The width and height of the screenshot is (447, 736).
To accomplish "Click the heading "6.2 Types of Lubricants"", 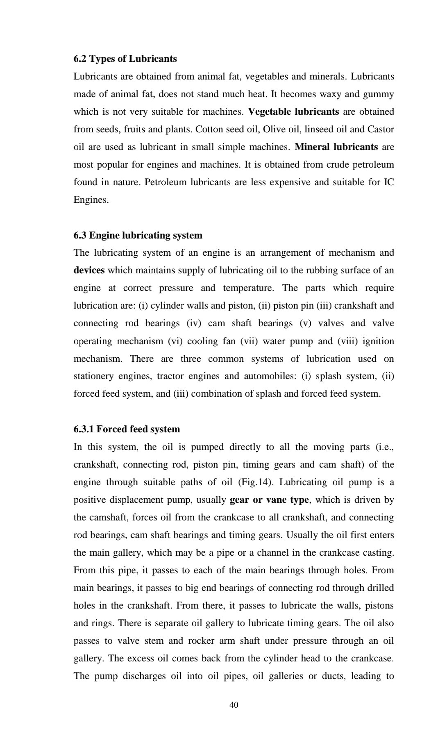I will [x=125, y=59].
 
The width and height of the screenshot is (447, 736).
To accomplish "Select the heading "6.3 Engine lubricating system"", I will [x=138, y=235].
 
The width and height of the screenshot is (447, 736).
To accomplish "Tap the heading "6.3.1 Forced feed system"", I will [x=127, y=429].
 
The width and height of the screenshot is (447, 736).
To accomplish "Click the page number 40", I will [x=234, y=705].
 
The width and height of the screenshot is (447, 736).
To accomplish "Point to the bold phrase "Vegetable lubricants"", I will [x=293, y=112].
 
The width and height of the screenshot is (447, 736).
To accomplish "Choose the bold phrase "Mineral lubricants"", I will [x=336, y=147].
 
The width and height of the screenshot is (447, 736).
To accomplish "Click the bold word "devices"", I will [x=89, y=270].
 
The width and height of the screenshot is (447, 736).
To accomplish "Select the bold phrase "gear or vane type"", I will [x=269, y=500].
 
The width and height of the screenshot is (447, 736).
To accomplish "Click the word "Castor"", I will [x=381, y=129].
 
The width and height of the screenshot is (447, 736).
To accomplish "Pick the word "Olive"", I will [x=274, y=129].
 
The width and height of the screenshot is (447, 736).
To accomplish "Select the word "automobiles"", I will [x=269, y=376].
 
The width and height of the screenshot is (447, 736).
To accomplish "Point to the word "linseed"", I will [x=313, y=129].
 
